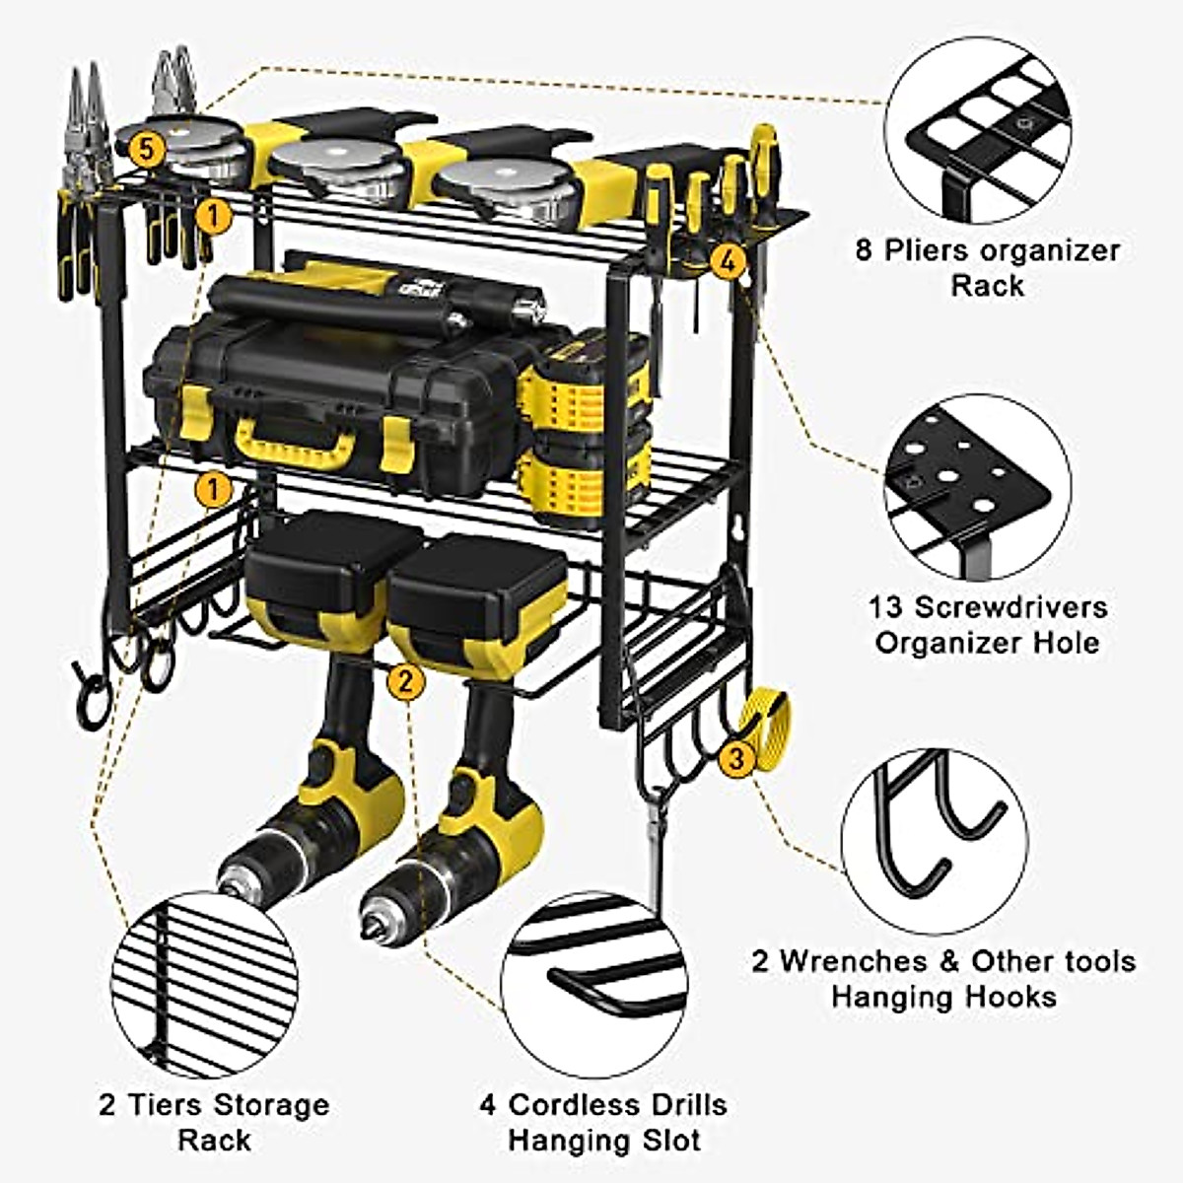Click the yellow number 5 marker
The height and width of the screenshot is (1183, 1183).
(x=145, y=150)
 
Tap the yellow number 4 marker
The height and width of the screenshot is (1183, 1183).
(x=727, y=261)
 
